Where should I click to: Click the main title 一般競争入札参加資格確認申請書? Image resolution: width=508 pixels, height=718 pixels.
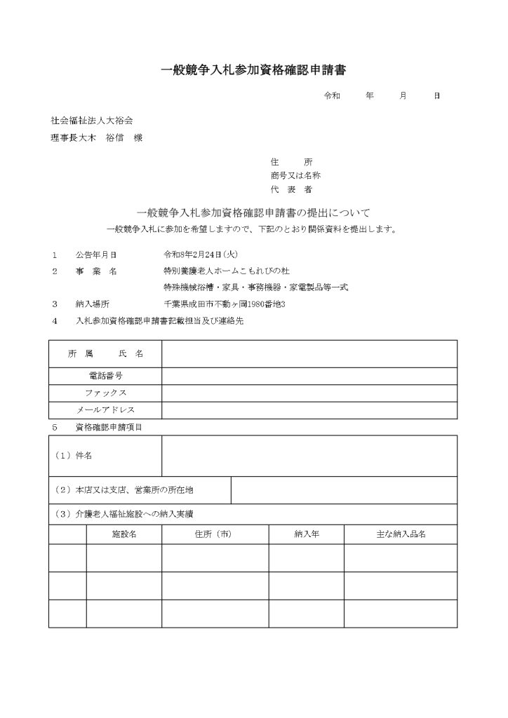coord(254,70)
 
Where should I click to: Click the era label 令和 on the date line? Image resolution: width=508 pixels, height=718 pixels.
coord(331,96)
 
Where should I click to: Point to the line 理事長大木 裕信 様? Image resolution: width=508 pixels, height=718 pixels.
coord(96,138)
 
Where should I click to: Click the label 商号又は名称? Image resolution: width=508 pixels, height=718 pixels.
coord(295,175)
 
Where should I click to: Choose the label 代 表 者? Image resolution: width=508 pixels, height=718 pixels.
coord(290,189)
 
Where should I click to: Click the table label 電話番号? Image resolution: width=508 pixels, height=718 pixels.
coord(105,377)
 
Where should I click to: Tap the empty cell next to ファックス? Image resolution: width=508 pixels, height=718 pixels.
coord(309,393)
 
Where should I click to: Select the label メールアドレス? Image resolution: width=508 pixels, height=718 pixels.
coord(105,409)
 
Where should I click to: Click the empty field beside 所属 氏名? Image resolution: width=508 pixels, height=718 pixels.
coord(309,354)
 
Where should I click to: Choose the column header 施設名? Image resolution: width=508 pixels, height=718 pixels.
coord(124,534)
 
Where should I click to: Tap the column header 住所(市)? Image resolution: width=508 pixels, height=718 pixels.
coord(215,534)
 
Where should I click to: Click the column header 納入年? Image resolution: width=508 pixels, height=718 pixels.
coord(306,534)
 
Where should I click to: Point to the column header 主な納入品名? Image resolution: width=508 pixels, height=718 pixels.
coord(401,534)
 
